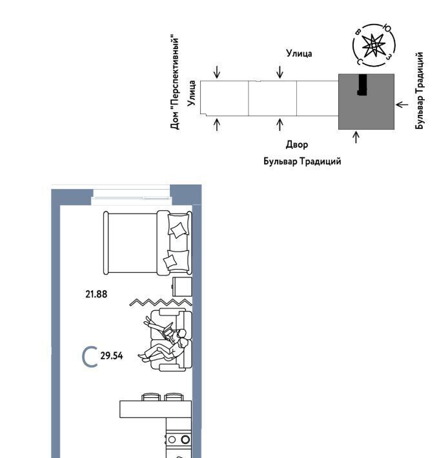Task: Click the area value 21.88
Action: (x=96, y=294)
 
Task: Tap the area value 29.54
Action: (x=111, y=356)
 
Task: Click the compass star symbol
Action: (x=374, y=46)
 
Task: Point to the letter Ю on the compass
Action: (x=387, y=28)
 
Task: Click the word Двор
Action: (x=297, y=144)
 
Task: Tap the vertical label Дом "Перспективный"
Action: (x=174, y=83)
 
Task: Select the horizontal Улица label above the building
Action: (x=299, y=54)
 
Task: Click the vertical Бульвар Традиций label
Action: (x=419, y=90)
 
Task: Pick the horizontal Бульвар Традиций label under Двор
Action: (x=302, y=161)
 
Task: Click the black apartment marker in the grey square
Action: (x=362, y=85)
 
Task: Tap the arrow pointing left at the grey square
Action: (x=402, y=105)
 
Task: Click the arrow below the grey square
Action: (x=356, y=137)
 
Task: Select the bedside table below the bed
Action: (x=182, y=287)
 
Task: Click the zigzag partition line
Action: (x=161, y=303)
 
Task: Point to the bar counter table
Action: (x=156, y=409)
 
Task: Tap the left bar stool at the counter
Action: (x=151, y=397)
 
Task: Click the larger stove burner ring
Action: (x=185, y=439)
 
